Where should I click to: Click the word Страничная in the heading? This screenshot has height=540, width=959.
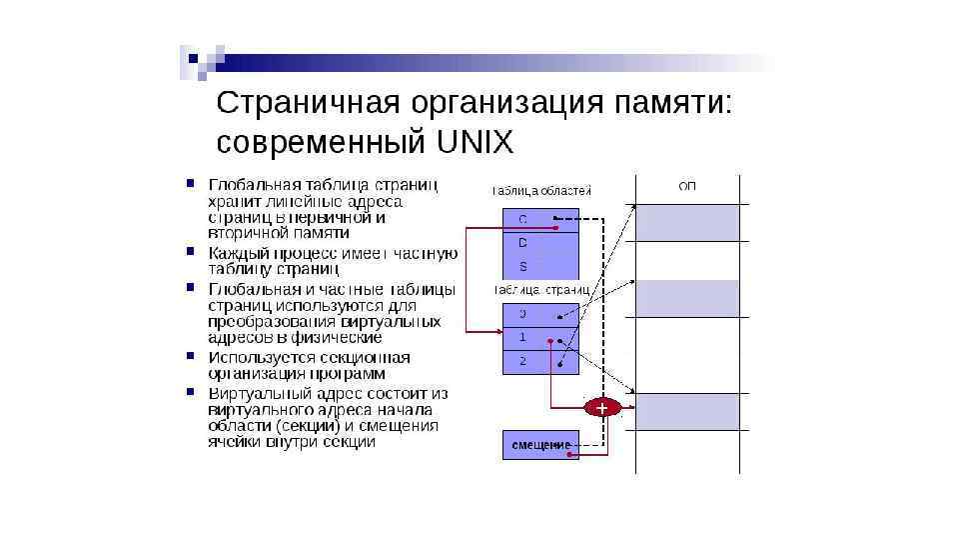[x=299, y=103]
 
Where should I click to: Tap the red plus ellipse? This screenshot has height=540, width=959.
[x=601, y=408]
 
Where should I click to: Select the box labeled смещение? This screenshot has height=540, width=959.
[x=540, y=444]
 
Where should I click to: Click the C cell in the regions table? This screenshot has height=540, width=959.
[x=540, y=219]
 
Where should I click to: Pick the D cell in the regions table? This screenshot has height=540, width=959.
[x=540, y=243]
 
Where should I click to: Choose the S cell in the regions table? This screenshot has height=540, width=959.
[x=540, y=267]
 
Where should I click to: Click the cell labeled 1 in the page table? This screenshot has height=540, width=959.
[x=540, y=338]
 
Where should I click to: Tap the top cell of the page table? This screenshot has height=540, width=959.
[x=540, y=314]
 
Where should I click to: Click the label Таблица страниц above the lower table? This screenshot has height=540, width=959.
[x=541, y=289]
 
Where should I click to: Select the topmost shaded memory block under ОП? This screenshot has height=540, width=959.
[x=688, y=223]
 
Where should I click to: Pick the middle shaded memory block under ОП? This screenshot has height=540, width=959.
[x=688, y=298]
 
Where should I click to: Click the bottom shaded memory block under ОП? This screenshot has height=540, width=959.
[x=688, y=411]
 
